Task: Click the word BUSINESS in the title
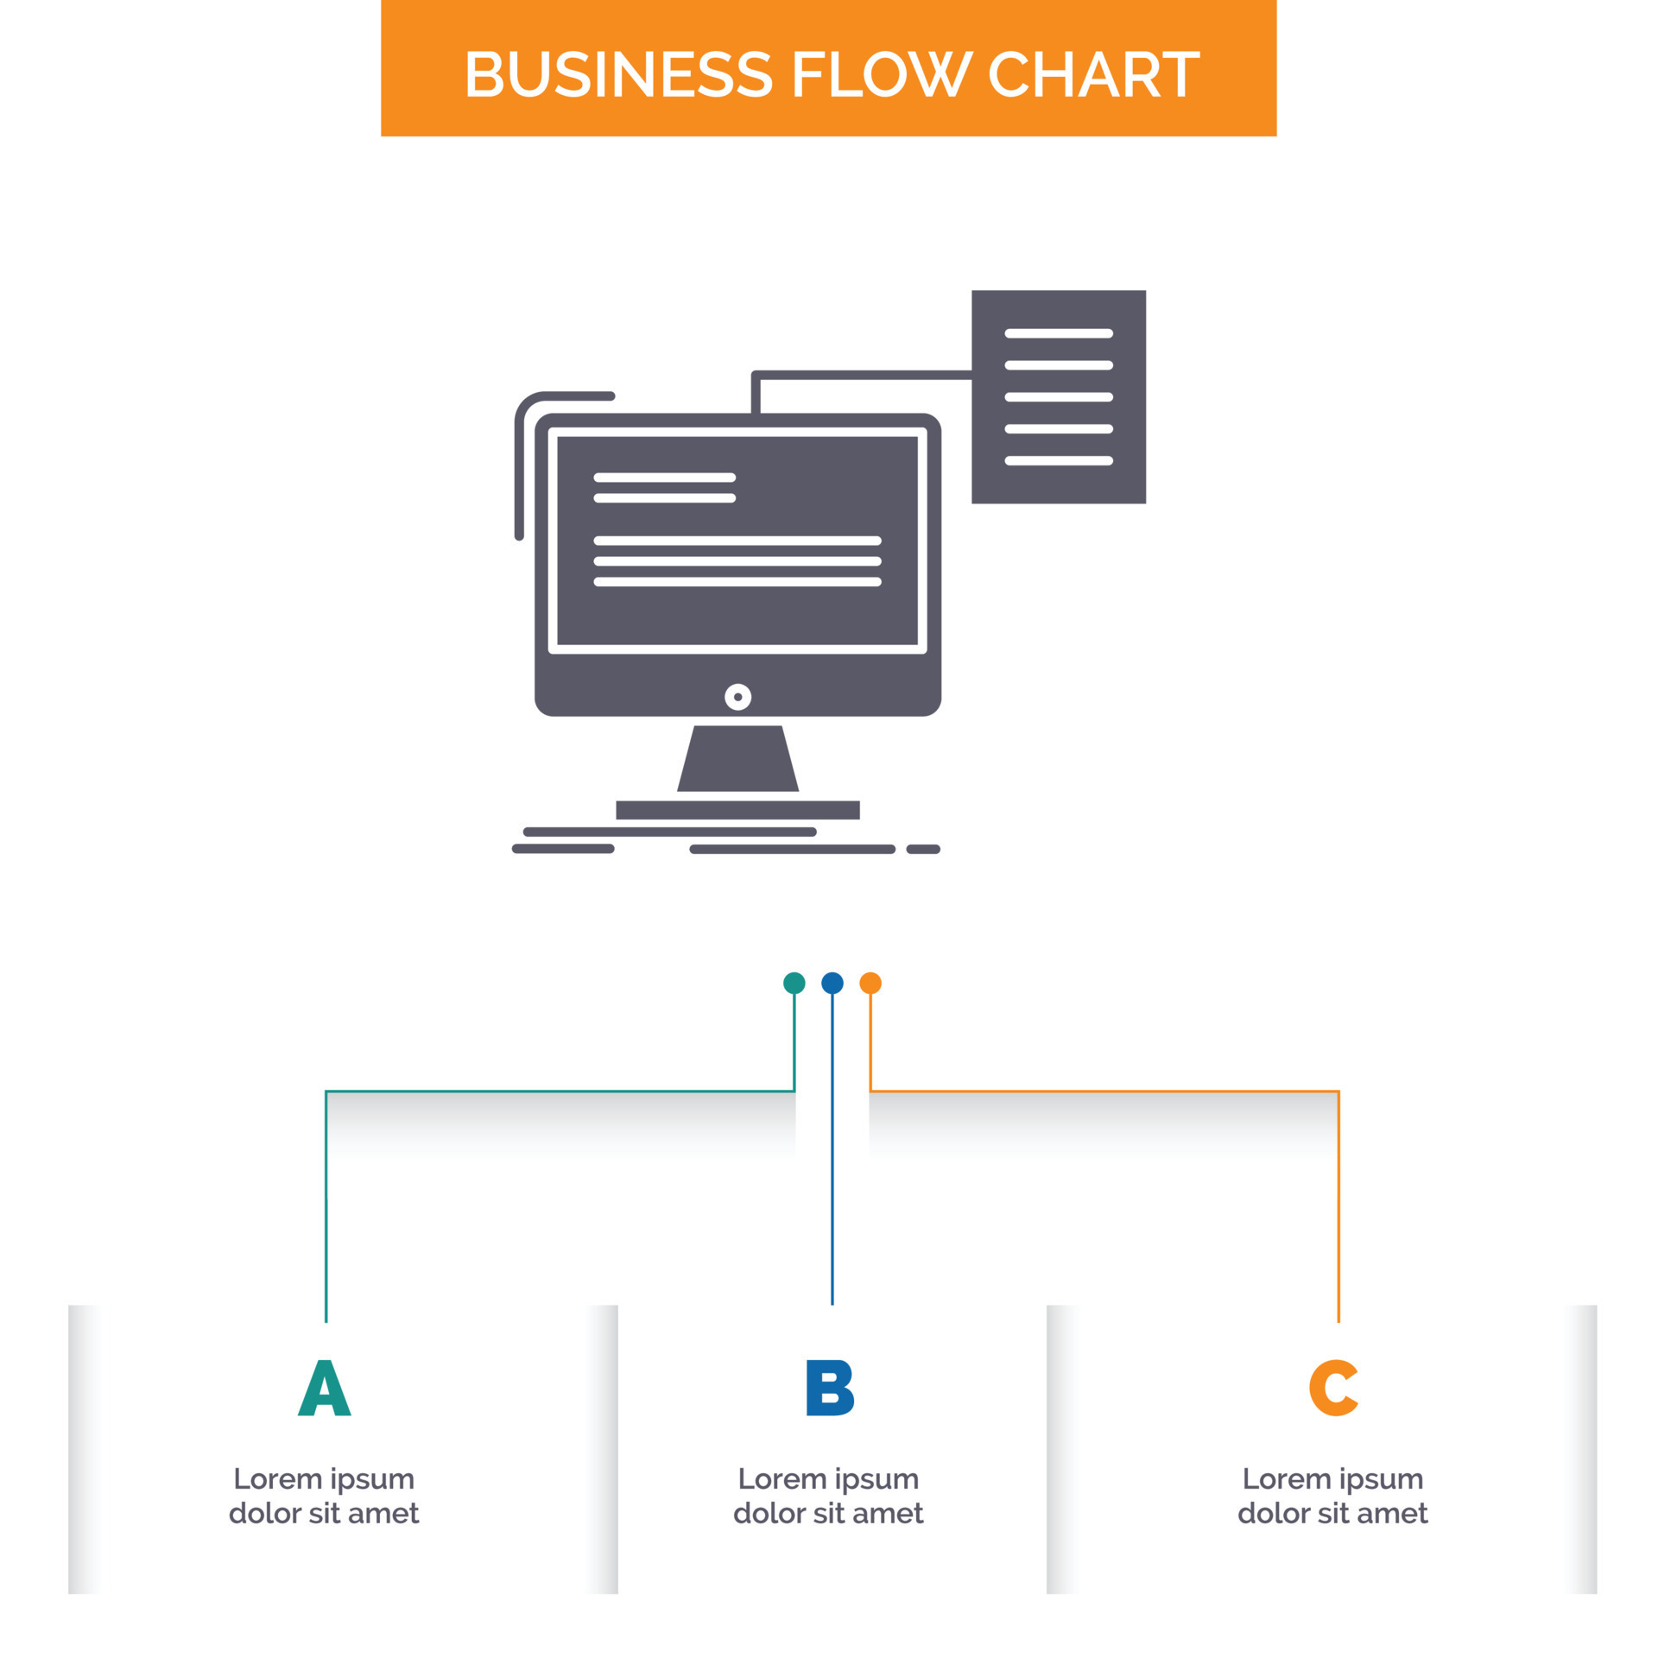point(618,74)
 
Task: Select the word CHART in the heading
point(1093,74)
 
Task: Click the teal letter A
point(324,1388)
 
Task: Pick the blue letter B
point(829,1388)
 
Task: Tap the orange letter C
point(1333,1388)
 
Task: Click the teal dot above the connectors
point(794,983)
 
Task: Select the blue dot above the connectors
point(832,983)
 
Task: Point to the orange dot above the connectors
point(870,983)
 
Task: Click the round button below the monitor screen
point(737,697)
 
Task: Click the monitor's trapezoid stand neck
point(737,758)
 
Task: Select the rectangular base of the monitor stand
point(737,809)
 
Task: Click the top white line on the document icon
point(1059,333)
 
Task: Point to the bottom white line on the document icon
point(1059,460)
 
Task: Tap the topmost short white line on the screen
point(664,477)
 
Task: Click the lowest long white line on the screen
point(737,581)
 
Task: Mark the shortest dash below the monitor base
point(922,849)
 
